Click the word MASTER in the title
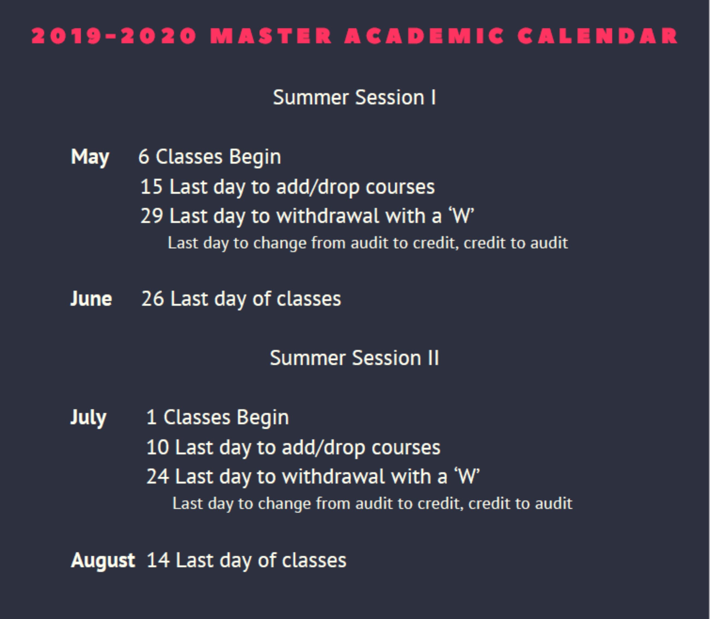[271, 36]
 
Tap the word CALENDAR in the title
[597, 36]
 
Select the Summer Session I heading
[354, 98]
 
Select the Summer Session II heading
[354, 358]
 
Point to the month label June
[91, 299]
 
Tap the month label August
[103, 560]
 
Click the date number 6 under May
[144, 157]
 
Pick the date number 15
[151, 187]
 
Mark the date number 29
[152, 216]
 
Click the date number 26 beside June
[152, 299]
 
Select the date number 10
[157, 448]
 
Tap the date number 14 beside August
[158, 560]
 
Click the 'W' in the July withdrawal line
[467, 477]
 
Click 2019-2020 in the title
[114, 36]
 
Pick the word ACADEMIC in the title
[424, 36]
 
